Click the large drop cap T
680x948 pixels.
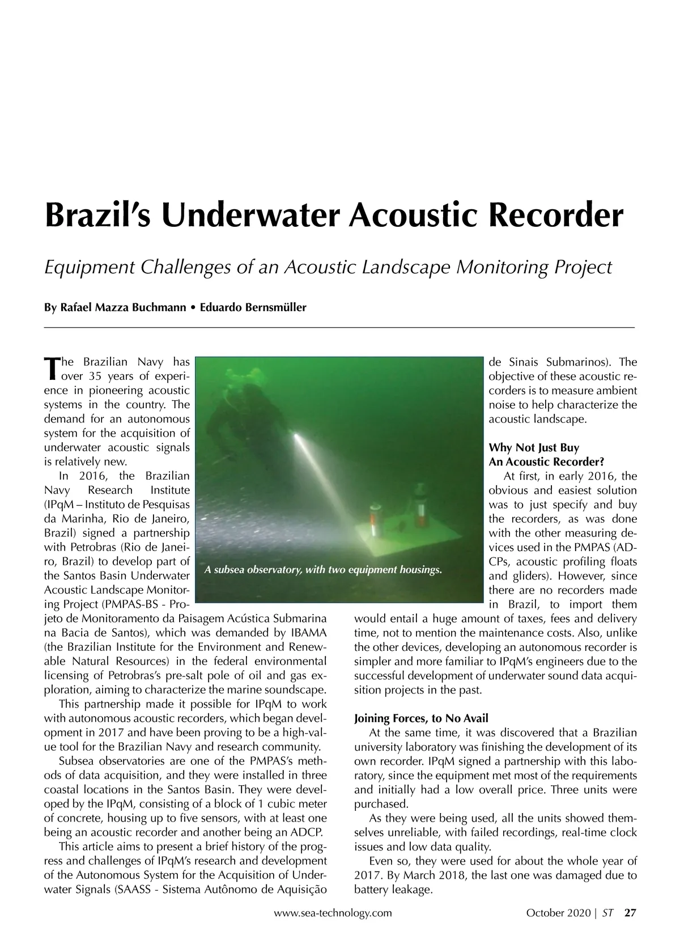click(x=51, y=369)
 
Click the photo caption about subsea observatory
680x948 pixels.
click(x=323, y=569)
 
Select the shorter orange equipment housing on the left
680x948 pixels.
click(x=375, y=519)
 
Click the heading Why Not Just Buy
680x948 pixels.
click(x=534, y=448)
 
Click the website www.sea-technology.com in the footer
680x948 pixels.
click(x=333, y=913)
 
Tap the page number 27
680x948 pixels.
click(x=630, y=913)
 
